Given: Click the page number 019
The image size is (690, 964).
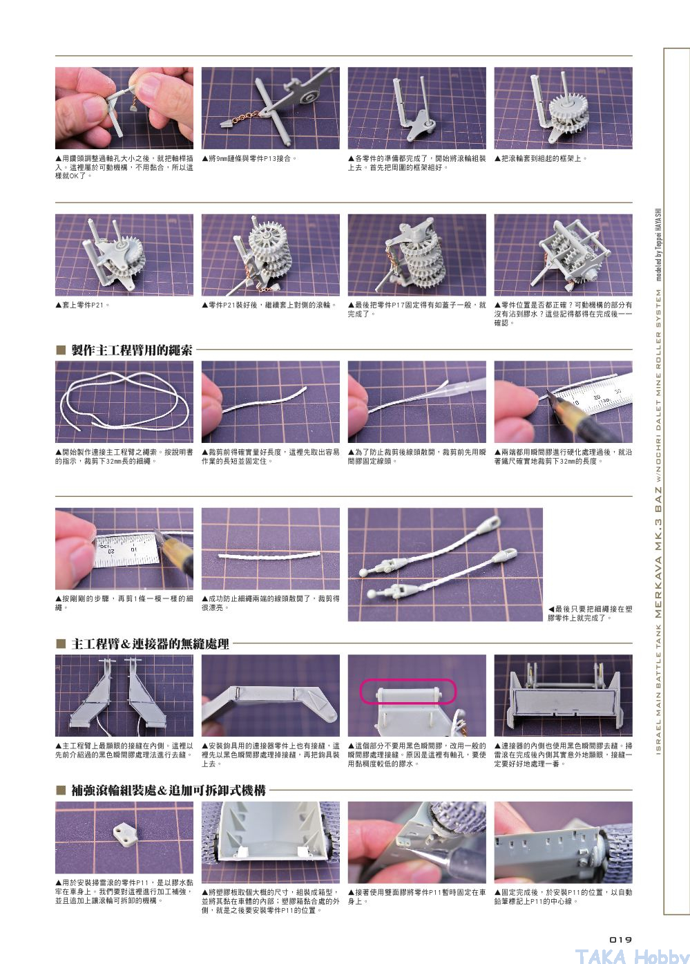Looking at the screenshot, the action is (620, 940).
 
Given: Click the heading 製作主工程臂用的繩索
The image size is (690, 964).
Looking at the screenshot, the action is (132, 350).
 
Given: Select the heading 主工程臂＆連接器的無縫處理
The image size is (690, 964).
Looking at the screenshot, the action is (150, 644).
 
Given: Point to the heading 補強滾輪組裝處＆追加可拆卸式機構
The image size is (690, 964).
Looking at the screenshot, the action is (169, 791).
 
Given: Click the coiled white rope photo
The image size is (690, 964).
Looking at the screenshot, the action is (124, 402).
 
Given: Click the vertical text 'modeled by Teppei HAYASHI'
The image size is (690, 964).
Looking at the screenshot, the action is (658, 245).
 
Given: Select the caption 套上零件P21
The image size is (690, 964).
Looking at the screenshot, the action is (83, 305).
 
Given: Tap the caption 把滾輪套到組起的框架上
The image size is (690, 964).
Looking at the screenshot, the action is (542, 158).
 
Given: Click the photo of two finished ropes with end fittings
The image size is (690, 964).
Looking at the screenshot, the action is (445, 564).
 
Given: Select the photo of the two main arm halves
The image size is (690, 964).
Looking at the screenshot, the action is (124, 695).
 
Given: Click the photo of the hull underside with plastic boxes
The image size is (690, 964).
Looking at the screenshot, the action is (271, 842).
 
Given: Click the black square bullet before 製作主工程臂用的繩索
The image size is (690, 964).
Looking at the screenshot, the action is (61, 350).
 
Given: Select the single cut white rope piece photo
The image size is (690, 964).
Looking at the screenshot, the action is (271, 549).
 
